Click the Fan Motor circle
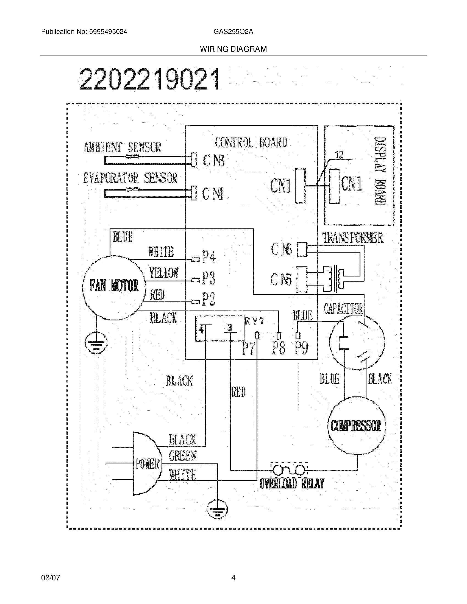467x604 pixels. (114, 287)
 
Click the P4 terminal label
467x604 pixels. (209, 256)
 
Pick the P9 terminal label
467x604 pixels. (301, 348)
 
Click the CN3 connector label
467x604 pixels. (213, 161)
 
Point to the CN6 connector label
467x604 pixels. (282, 250)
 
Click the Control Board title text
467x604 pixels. (251, 143)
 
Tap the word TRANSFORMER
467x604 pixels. (353, 237)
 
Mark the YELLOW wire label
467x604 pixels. (164, 273)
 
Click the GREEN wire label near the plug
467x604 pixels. (183, 456)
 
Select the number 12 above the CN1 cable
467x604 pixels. (339, 155)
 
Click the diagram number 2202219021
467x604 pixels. (150, 80)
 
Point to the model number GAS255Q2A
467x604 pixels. (233, 32)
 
